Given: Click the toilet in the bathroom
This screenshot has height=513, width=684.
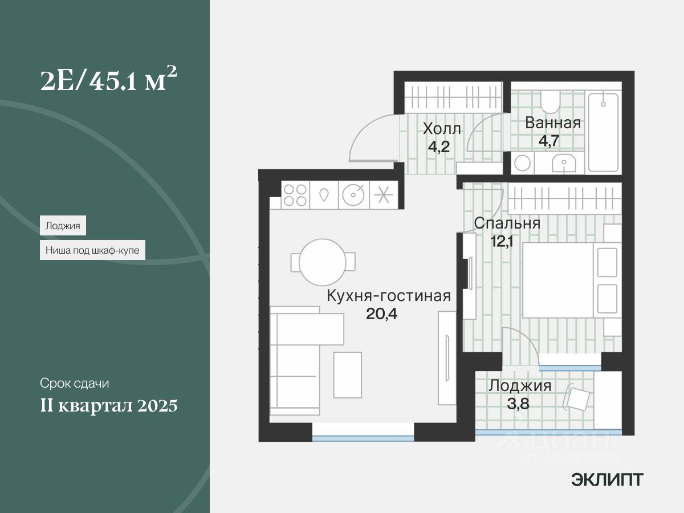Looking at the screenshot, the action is point(550,102).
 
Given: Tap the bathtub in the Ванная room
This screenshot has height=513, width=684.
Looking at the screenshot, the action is point(603,132).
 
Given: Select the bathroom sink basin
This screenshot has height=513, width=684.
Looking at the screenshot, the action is point(564,164).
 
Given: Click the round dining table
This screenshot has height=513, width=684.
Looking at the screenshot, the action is point(323,262).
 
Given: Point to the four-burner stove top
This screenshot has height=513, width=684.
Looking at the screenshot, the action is point(295,196).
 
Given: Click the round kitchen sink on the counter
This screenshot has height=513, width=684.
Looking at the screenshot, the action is point(353,196).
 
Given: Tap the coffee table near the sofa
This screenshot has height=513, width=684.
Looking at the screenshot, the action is point(348,375).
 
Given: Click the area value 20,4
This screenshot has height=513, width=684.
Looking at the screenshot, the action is point(381,313).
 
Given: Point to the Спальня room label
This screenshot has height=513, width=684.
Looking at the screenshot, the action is point(507,223).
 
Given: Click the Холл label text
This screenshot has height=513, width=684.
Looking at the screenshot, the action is point(442,129).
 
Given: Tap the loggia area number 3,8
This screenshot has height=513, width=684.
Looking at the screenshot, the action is point(518,404).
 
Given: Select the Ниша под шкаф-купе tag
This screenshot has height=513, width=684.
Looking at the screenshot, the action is point(92,250).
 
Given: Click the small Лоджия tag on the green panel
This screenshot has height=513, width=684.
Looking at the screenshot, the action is point(63,225).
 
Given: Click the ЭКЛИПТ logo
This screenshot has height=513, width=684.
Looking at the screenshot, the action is point(607,480).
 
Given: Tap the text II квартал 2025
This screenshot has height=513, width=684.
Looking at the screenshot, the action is point(109,405).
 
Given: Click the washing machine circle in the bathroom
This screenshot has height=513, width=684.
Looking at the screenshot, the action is point(523,163).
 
